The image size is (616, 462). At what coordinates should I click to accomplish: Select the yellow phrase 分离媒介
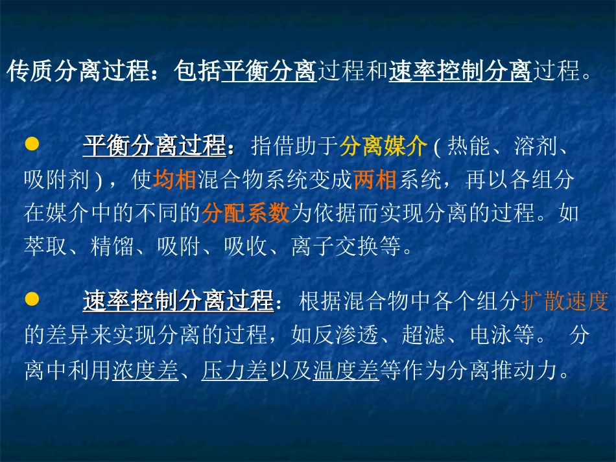383,147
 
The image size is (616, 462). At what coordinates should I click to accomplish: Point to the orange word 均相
174,180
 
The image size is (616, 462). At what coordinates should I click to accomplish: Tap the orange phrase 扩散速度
565,301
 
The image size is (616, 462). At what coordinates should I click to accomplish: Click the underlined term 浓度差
145,371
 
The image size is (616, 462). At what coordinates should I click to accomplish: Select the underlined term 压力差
234,371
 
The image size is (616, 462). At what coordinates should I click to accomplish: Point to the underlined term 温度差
346,371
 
